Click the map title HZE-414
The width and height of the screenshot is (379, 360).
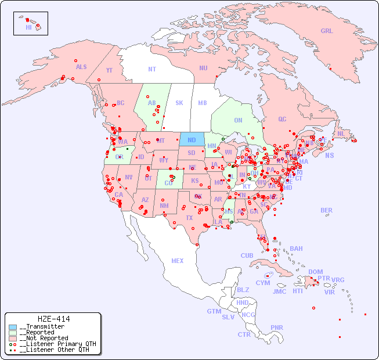point(53,319)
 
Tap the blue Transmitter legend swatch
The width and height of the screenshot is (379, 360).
point(13,327)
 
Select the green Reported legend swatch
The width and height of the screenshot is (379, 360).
point(13,333)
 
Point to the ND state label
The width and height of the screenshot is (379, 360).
point(192,140)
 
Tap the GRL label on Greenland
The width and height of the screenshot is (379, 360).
point(327,31)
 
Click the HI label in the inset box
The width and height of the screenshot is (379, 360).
point(28,27)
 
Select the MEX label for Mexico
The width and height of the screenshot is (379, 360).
point(178,261)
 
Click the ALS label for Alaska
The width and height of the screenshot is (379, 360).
point(81,67)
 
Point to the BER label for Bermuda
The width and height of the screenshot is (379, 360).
point(327,210)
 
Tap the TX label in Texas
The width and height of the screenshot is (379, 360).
point(189,218)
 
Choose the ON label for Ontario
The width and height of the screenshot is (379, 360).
point(238,121)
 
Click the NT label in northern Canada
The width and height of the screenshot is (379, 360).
point(152,69)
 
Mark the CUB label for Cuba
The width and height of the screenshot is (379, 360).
point(247,255)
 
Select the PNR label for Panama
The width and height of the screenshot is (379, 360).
point(277,327)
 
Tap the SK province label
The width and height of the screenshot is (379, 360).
point(179,103)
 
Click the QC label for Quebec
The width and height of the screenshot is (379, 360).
point(282,119)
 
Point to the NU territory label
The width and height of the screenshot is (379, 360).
point(203,68)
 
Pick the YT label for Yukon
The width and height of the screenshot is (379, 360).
point(109,70)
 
